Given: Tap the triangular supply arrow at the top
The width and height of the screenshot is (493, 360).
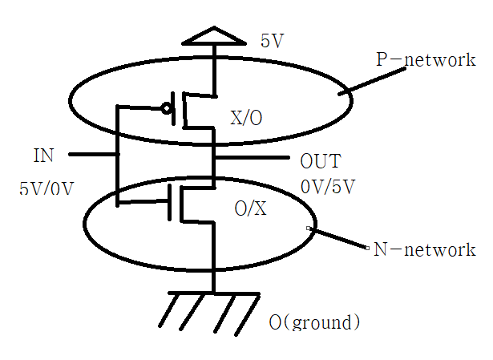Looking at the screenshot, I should pyautogui.click(x=214, y=36).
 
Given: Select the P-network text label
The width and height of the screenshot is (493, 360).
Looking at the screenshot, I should pyautogui.click(x=426, y=60).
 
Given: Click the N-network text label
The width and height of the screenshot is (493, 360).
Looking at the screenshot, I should pyautogui.click(x=424, y=250).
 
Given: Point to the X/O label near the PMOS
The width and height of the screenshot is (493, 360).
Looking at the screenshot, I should pyautogui.click(x=247, y=118).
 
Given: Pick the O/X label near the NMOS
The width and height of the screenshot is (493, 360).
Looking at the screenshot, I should pyautogui.click(x=249, y=209).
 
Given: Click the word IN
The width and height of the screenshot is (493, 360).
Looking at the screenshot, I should pyautogui.click(x=44, y=154).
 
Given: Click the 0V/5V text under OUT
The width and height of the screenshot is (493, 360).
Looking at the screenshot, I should pyautogui.click(x=328, y=187).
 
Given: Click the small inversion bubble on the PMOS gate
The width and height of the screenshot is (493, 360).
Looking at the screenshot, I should pyautogui.click(x=168, y=107).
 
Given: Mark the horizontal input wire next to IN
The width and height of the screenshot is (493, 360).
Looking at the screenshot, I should pyautogui.click(x=91, y=154).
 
